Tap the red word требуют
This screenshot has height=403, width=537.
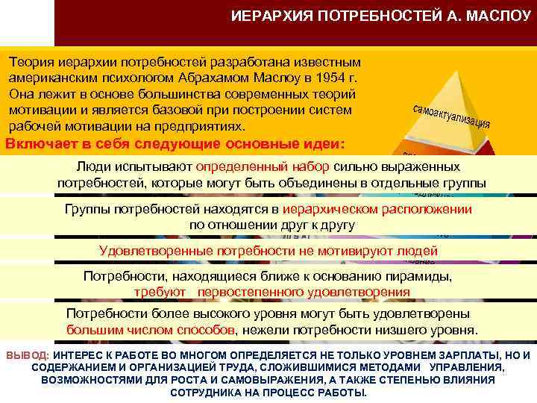point(158,292)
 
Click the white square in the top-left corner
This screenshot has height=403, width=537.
point(28,22)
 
